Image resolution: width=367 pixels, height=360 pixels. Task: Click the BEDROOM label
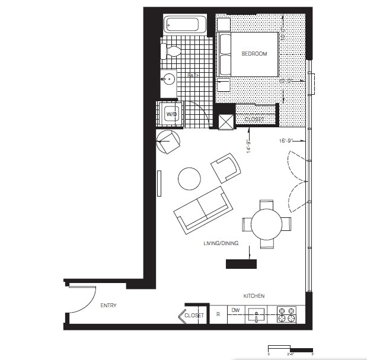coord(254,54)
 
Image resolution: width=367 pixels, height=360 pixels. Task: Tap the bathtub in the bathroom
coord(184,25)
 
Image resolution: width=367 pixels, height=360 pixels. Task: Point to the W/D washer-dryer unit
coord(171,113)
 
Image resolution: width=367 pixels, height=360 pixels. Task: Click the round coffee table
coord(190,178)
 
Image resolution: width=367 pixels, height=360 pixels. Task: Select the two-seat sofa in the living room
coord(203,209)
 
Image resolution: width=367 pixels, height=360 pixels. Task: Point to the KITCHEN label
coord(254,295)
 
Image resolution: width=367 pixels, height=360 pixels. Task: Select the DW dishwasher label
coord(235,310)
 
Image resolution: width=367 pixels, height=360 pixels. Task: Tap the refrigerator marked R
coord(218,315)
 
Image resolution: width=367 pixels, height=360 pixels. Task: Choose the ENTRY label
coord(108,306)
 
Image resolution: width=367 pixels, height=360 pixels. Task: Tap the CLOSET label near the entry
coord(194,316)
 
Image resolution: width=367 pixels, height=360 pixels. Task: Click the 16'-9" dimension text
coord(286,142)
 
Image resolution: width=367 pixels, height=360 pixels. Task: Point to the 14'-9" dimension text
coord(250,146)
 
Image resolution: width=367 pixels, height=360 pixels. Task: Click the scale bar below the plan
coord(291,348)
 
